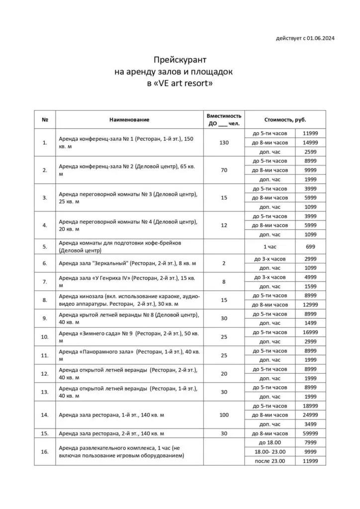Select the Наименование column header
(x=129, y=120)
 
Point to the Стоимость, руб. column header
(x=285, y=120)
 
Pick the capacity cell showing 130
(x=224, y=143)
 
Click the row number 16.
(x=45, y=451)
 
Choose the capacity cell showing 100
(x=224, y=415)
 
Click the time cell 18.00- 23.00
(x=270, y=452)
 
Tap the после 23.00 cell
(x=270, y=461)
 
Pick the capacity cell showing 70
(x=224, y=170)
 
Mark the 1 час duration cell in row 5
(x=270, y=247)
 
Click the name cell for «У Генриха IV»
(x=129, y=281)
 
